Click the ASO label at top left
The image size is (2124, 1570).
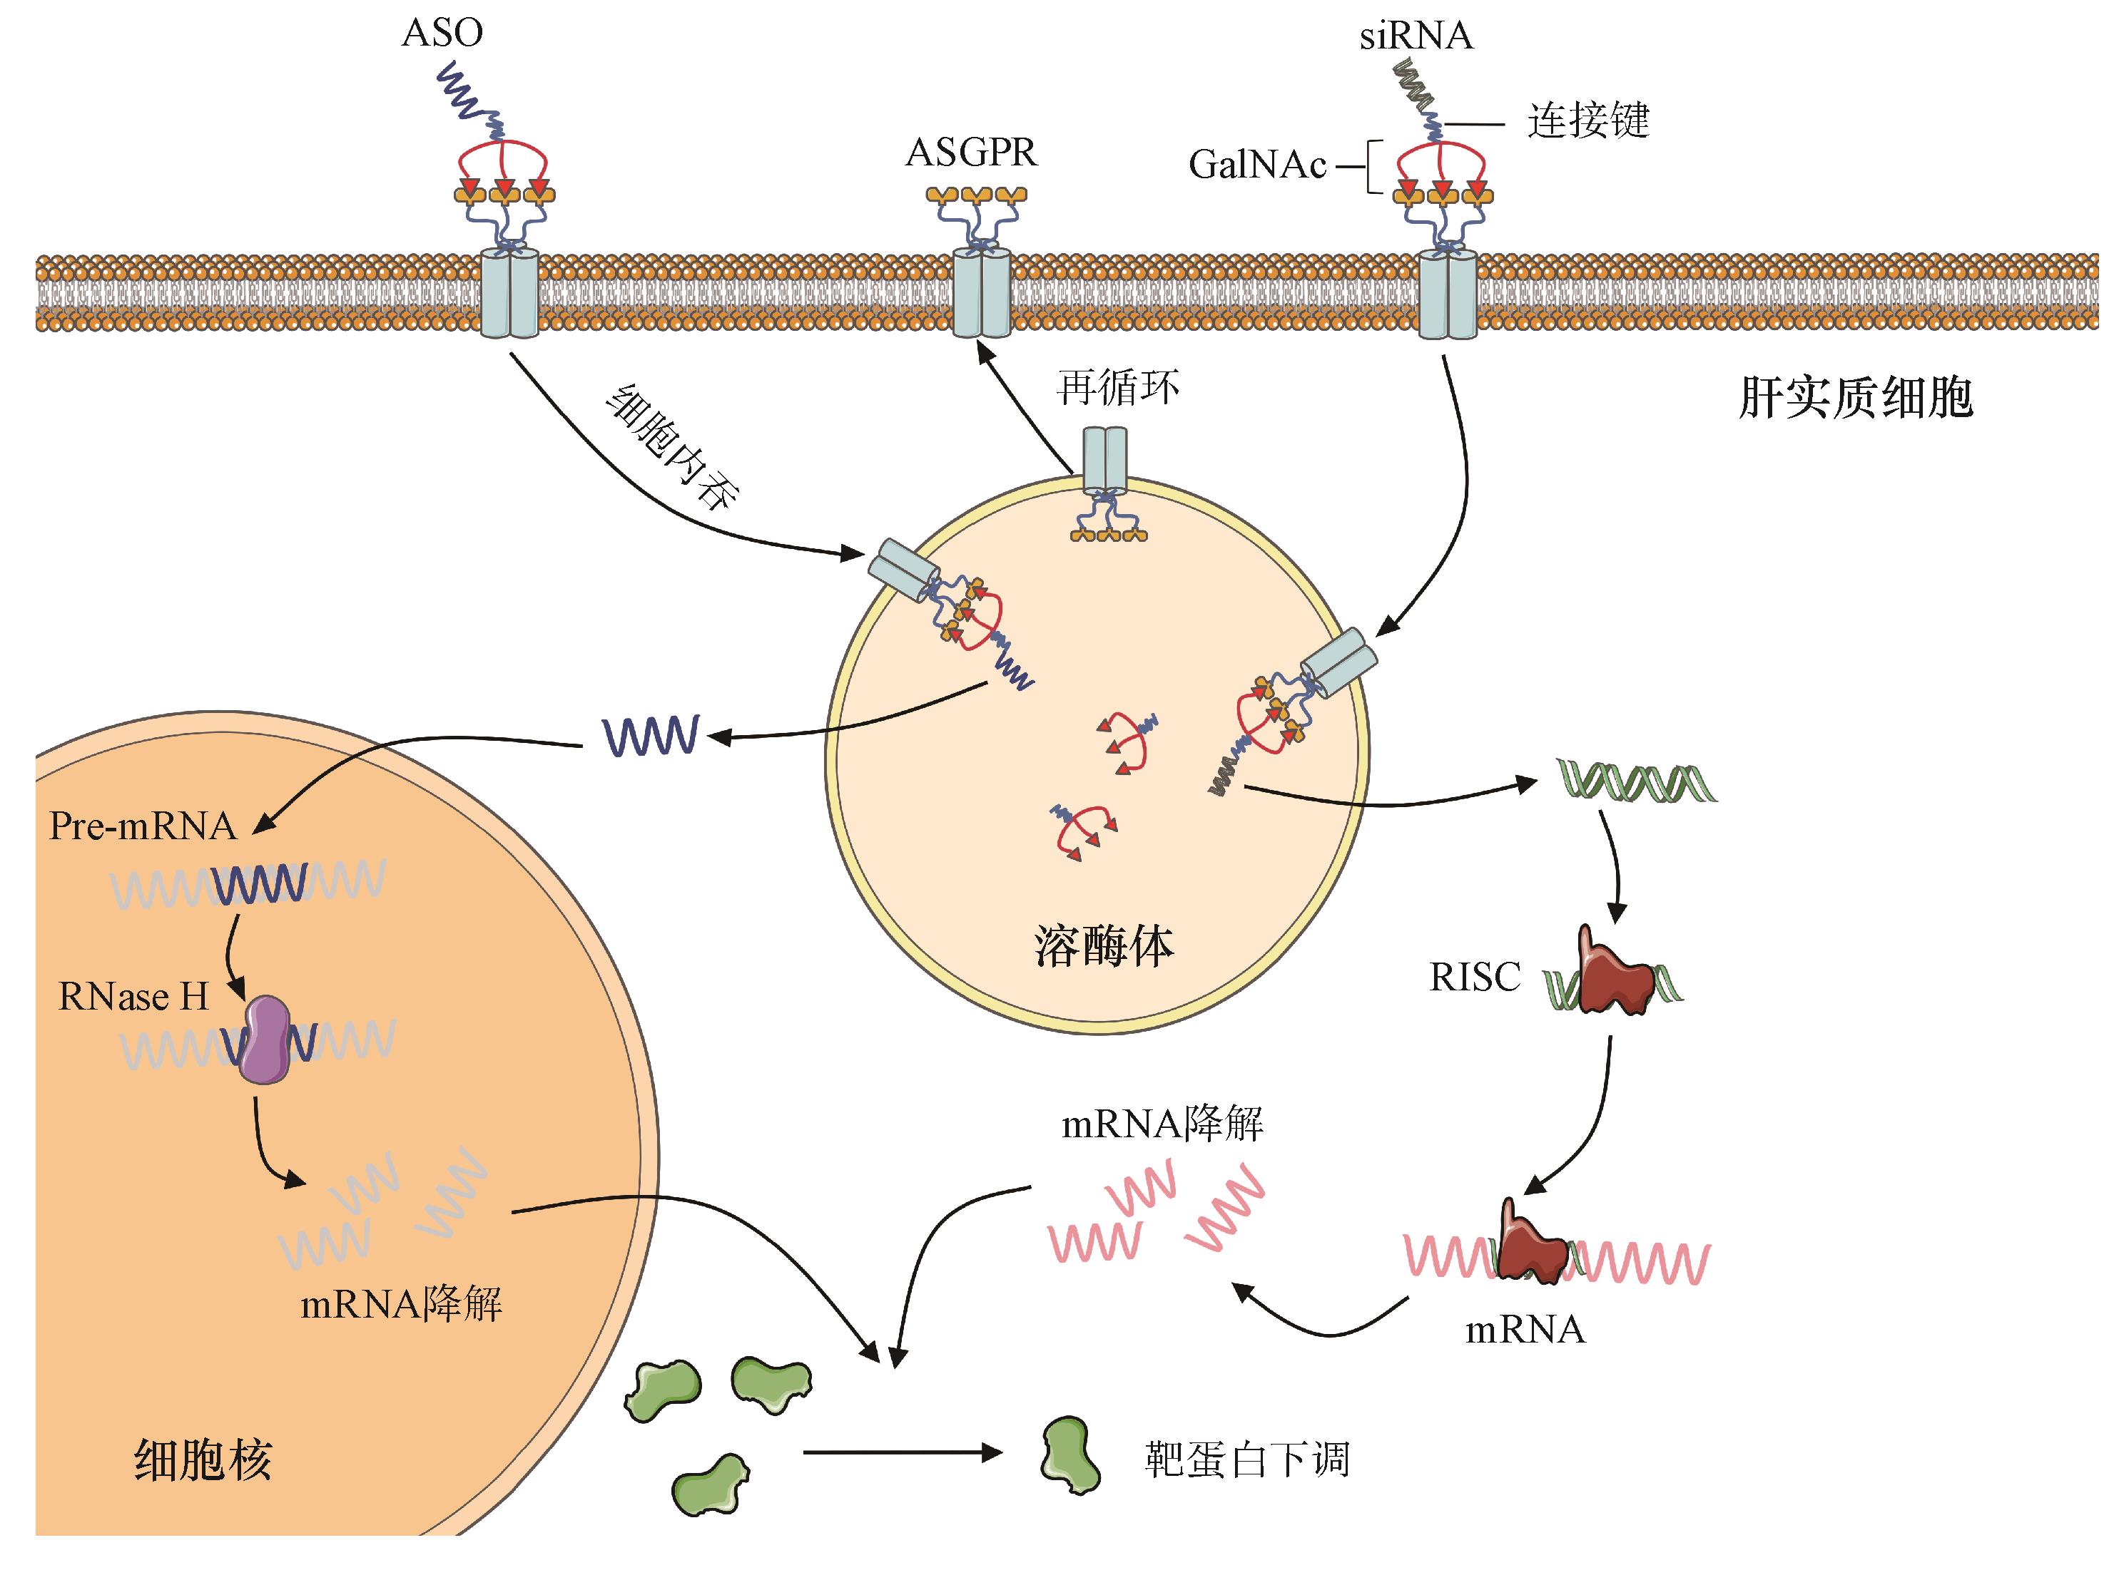coord(442,34)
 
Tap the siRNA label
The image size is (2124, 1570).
coord(1416,36)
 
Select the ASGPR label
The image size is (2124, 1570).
coord(971,153)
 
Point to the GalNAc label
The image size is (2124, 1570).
coord(1257,165)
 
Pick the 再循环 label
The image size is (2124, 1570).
coord(1118,388)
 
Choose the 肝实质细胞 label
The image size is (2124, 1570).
coord(1855,397)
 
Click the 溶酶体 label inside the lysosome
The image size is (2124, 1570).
coord(1104,947)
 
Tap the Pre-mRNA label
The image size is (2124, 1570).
coord(143,826)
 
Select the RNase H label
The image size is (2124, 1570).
coord(133,996)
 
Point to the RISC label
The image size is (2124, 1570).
coord(1475,977)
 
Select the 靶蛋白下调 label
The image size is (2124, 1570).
coord(1246,1459)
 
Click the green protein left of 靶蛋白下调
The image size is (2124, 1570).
coord(1069,1456)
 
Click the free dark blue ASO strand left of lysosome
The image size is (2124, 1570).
coord(652,736)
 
